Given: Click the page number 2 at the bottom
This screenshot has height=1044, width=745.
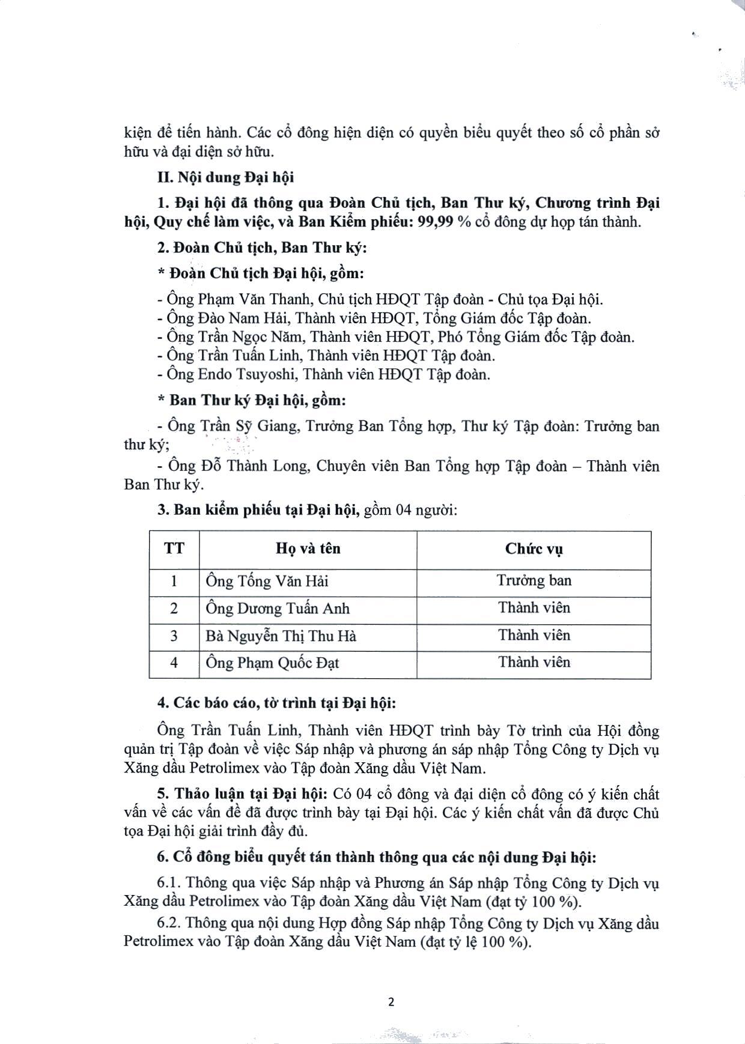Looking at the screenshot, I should pyautogui.click(x=391, y=1002).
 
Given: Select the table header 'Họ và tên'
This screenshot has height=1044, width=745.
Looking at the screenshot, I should pyautogui.click(x=308, y=548).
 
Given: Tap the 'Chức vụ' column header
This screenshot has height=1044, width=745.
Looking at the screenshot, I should pyautogui.click(x=534, y=548).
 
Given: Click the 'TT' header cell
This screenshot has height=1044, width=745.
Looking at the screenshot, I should pyautogui.click(x=174, y=548).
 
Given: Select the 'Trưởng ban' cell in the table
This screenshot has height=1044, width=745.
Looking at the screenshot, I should pyautogui.click(x=534, y=581).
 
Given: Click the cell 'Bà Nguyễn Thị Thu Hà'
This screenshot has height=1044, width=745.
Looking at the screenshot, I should pyautogui.click(x=281, y=636).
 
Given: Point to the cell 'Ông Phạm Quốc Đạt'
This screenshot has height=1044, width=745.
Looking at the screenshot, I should pyautogui.click(x=272, y=663).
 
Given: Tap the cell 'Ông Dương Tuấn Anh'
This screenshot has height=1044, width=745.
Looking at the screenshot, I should pyautogui.click(x=277, y=608).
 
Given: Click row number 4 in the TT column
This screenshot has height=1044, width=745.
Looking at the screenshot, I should pyautogui.click(x=174, y=663).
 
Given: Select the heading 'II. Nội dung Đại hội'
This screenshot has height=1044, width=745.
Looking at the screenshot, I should pyautogui.click(x=225, y=178).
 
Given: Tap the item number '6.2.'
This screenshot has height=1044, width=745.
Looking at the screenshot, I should pyautogui.click(x=169, y=923).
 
